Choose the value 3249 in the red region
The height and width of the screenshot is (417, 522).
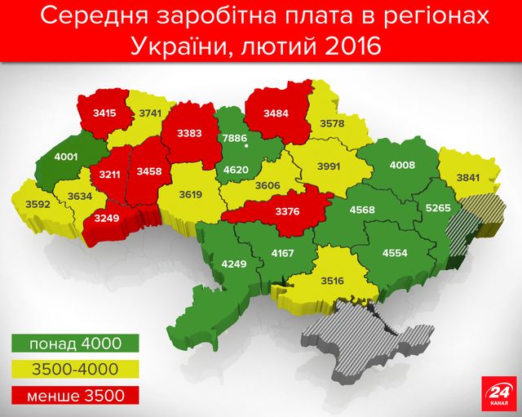[x=105, y=219]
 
